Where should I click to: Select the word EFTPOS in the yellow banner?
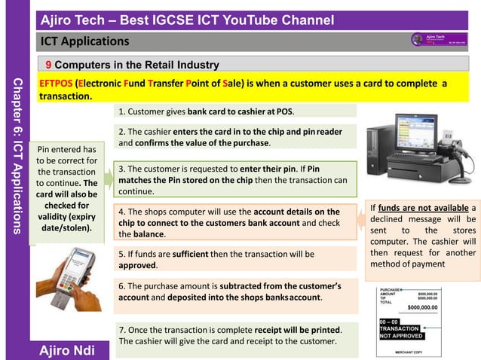[57, 84]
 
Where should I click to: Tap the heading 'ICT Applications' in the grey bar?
[84, 41]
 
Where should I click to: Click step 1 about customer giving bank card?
[206, 111]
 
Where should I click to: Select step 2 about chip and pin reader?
[231, 137]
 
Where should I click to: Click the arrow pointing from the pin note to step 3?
[109, 180]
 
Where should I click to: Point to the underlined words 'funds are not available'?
[422, 208]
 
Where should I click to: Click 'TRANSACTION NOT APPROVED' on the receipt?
[399, 332]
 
